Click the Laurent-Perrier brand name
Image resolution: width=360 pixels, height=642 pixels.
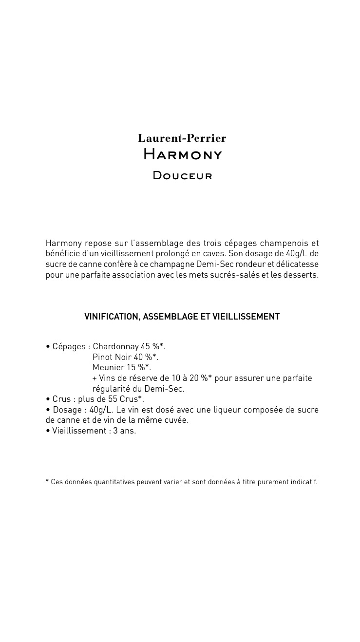pyautogui.click(x=182, y=138)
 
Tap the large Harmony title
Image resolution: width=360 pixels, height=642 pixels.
pyautogui.click(x=183, y=155)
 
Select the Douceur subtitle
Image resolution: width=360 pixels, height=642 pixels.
pyautogui.click(x=183, y=175)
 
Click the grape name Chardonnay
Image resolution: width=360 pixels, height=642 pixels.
pyautogui.click(x=115, y=346)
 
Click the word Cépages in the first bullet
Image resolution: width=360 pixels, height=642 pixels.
pyautogui.click(x=69, y=346)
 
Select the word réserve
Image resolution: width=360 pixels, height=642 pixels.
pyautogui.click(x=137, y=378)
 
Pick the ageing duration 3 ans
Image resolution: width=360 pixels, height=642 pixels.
pyautogui.click(x=125, y=431)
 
